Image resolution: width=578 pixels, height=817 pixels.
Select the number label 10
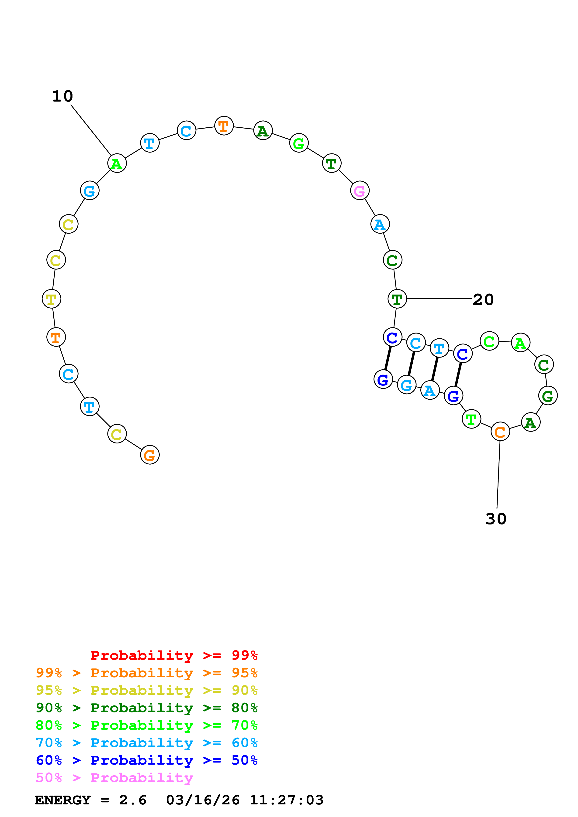point(63,96)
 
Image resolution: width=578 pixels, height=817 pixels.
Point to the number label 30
point(495,519)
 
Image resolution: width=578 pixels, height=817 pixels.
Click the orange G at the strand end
point(150,455)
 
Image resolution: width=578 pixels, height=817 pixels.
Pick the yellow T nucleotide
point(51,299)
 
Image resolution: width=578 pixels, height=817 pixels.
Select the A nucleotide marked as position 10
point(117,163)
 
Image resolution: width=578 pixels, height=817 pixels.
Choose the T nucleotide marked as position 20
point(397,299)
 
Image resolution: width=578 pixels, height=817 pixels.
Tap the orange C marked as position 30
point(500,432)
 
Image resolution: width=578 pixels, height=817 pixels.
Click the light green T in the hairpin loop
point(471,419)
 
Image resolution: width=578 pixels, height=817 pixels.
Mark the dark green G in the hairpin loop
point(547,396)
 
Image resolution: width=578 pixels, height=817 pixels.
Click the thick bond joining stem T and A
point(434,369)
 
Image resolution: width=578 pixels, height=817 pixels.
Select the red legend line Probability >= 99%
point(174,655)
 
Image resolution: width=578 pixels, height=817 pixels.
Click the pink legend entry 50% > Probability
point(114,778)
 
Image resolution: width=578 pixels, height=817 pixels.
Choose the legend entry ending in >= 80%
point(146,708)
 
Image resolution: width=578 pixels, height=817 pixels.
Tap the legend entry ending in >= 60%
point(146,743)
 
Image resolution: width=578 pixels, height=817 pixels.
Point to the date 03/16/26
point(203,800)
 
